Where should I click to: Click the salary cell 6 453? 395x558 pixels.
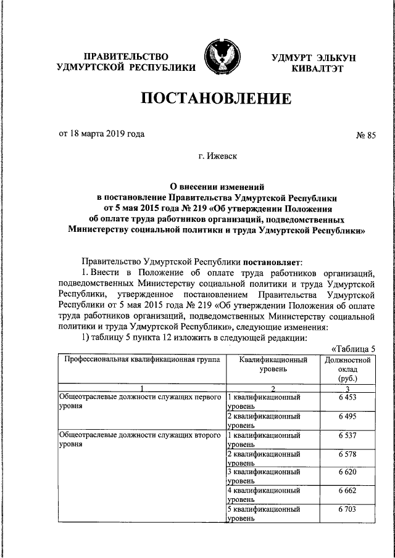[x=347, y=398]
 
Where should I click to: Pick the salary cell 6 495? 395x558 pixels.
[x=347, y=417]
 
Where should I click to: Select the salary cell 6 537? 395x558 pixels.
[x=347, y=436]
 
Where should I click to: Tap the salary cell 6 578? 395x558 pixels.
[x=347, y=454]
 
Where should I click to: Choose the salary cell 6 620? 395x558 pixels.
[x=347, y=473]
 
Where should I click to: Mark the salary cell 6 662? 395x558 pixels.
[x=347, y=491]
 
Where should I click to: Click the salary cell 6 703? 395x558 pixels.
[x=347, y=510]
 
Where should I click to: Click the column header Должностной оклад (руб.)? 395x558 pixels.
[x=347, y=369]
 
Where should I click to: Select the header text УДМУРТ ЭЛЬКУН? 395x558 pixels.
[x=314, y=57]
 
